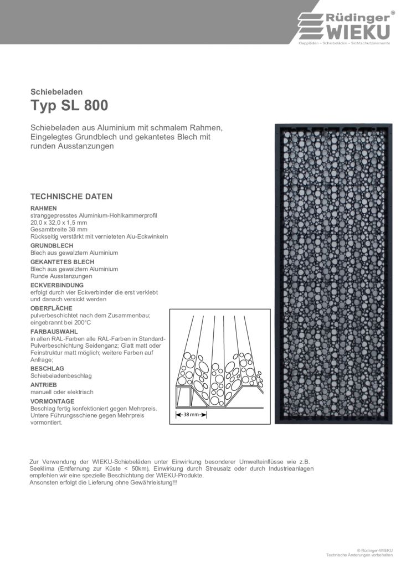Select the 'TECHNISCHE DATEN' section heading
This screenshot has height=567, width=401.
coord(71,197)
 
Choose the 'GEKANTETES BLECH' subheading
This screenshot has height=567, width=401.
coord(63,261)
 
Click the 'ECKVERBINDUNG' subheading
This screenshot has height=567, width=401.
coord(57,285)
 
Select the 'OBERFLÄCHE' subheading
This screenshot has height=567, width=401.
coord(52,308)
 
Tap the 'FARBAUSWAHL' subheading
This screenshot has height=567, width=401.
coord(54,331)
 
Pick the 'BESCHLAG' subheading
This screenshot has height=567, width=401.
coord(48,368)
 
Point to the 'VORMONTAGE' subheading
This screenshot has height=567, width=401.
coord(53,400)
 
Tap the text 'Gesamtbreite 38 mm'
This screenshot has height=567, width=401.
coord(59,229)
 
